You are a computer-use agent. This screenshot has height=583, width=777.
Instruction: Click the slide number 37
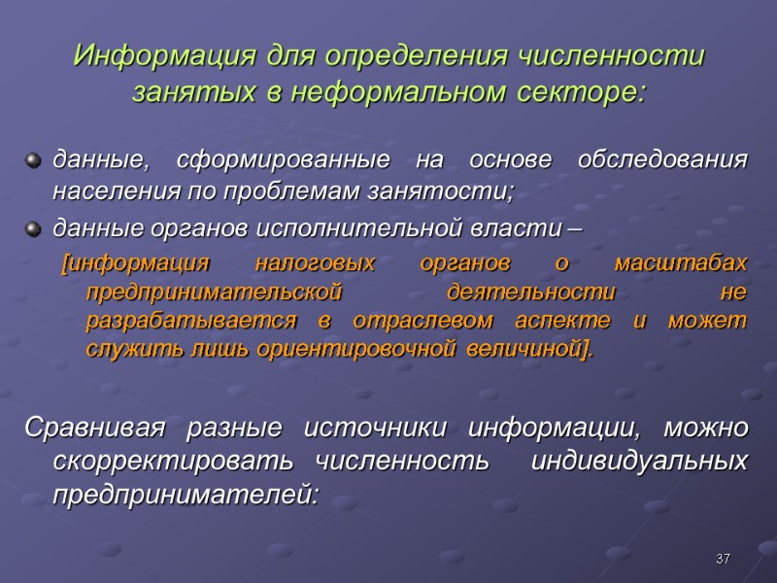[x=722, y=559]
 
